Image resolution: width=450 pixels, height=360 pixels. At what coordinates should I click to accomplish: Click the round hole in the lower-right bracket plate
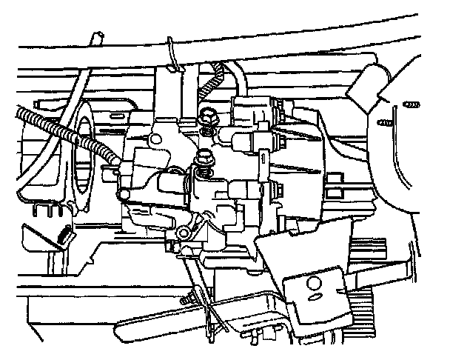pyautogui.click(x=312, y=282)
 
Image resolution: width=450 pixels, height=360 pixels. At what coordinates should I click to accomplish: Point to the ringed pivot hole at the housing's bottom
pyautogui.click(x=183, y=235)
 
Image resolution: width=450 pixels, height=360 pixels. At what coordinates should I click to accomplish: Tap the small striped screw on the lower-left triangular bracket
pyautogui.click(x=64, y=236)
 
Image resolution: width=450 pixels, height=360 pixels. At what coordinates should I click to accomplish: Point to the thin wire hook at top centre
pyautogui.click(x=172, y=56)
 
